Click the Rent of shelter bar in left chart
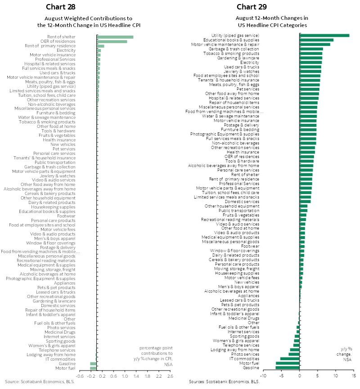point(115,37)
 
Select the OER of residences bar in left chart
point(112,41)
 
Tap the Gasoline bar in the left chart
point(93,363)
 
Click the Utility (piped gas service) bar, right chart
point(324,35)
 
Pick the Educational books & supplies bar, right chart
point(316,40)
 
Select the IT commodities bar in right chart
point(290,358)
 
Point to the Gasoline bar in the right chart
point(288,367)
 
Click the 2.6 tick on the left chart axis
point(170,376)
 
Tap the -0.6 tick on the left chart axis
point(80,376)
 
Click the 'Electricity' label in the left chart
point(66,50)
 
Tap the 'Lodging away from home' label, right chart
point(235,350)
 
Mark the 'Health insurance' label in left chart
point(59,140)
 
